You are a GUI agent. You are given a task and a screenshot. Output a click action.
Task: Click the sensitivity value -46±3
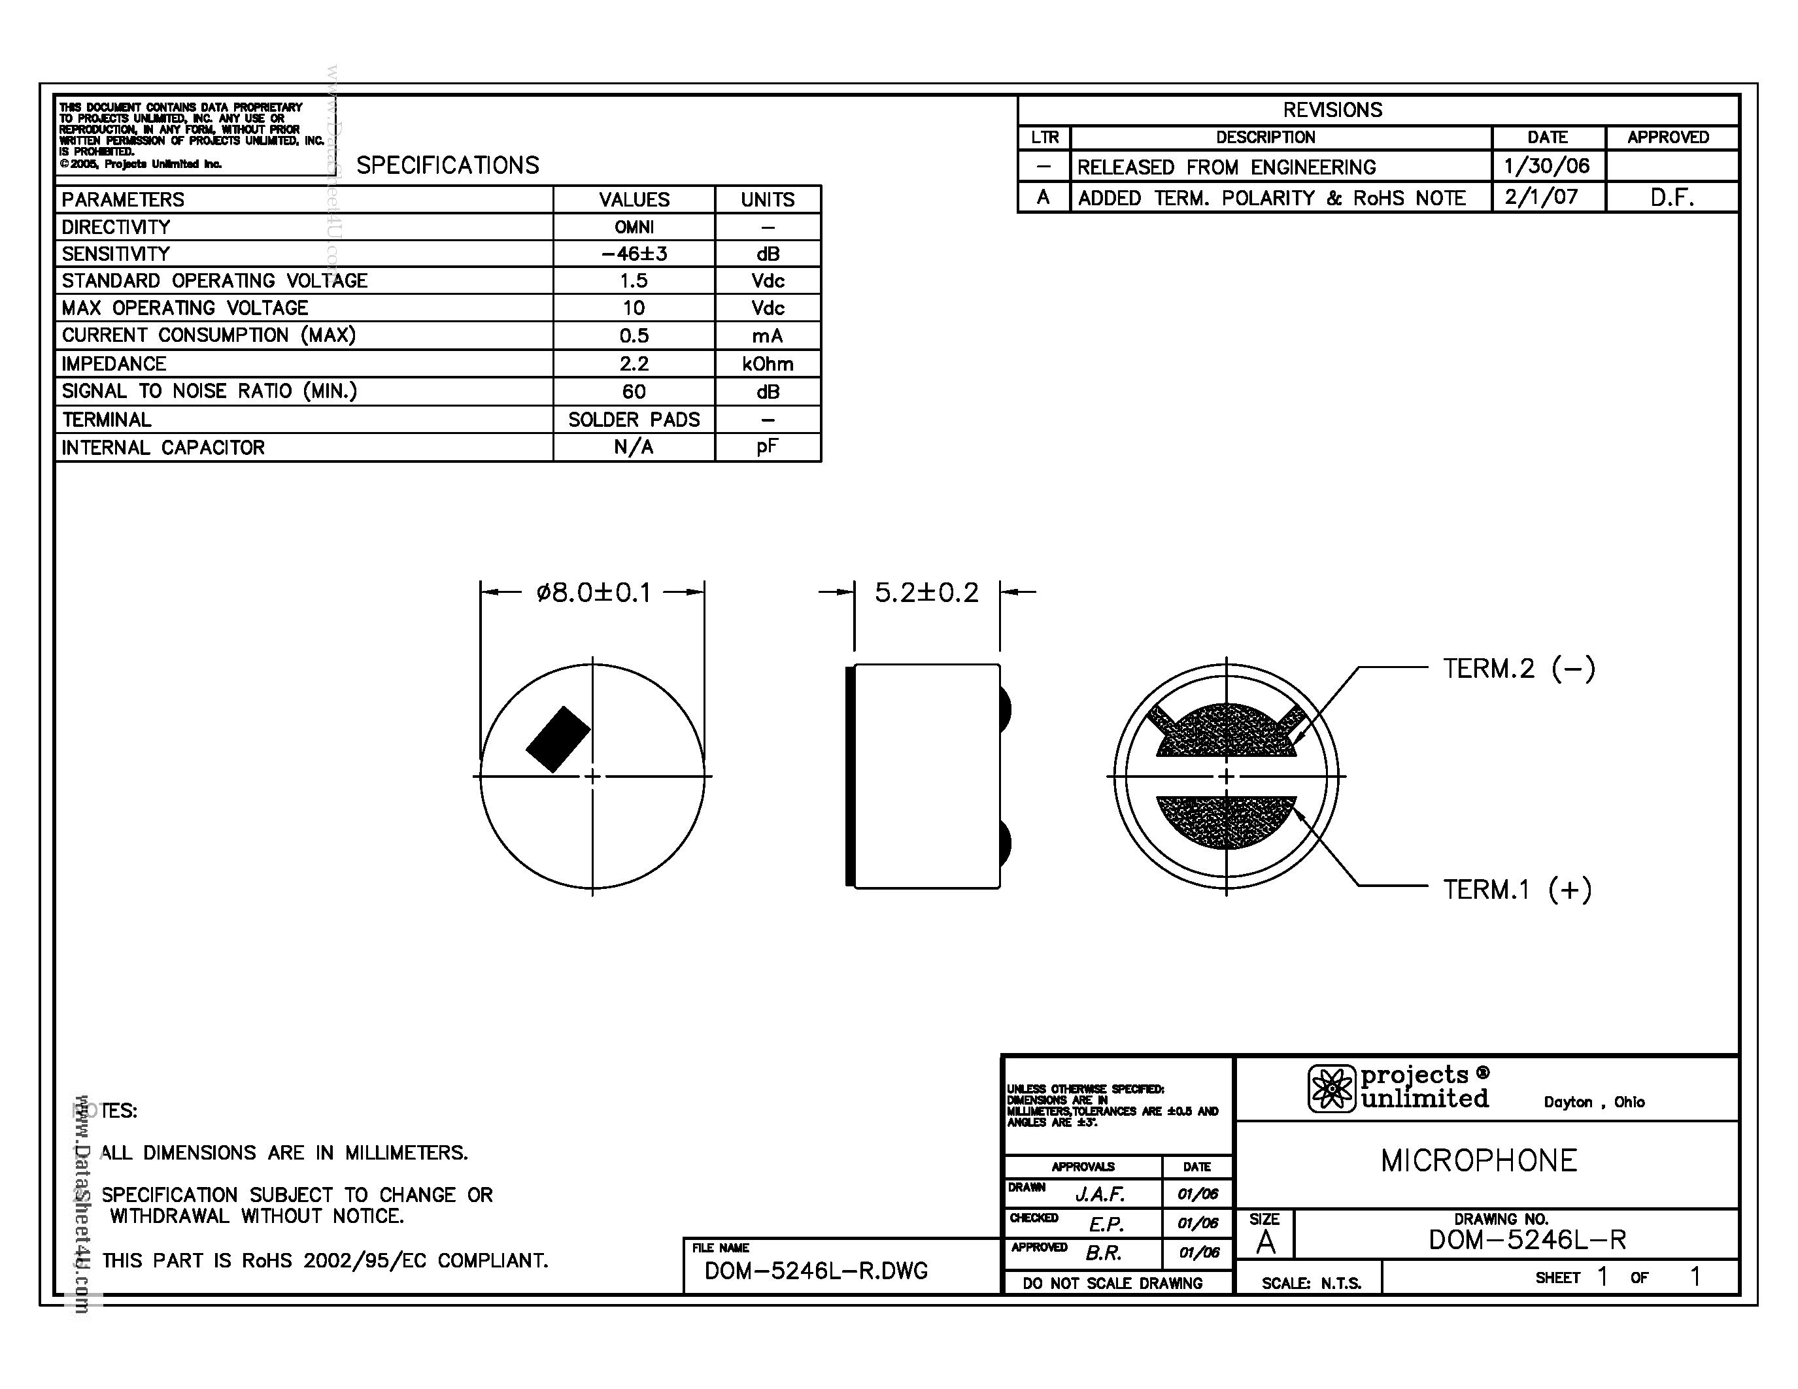coord(634,254)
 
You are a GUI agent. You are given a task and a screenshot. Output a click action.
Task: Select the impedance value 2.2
coord(634,363)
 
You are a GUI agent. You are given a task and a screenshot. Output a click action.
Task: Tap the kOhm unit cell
coord(768,363)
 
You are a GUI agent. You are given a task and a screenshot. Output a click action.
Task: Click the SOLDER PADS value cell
coord(634,420)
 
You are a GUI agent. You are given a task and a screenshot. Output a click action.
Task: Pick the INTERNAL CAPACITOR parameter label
coord(163,448)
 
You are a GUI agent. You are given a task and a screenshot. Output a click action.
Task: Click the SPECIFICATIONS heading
coord(448,165)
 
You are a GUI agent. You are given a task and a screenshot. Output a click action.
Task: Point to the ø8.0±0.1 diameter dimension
coord(593,592)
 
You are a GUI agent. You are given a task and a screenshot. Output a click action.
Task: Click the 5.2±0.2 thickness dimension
coord(926,592)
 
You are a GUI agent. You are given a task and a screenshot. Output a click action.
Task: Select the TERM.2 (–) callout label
coord(1519,668)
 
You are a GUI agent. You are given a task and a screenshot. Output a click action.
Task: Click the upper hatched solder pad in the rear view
coord(1226,731)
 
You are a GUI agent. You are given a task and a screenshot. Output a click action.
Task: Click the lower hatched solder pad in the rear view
coord(1226,820)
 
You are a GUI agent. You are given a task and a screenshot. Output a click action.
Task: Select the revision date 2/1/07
coord(1541,197)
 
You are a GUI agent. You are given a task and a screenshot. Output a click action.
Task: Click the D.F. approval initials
coord(1671,198)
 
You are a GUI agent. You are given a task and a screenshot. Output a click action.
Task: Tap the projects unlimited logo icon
coord(1331,1089)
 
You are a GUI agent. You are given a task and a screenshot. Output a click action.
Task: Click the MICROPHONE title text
coord(1478,1161)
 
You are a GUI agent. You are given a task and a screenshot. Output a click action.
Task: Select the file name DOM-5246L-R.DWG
coord(816,1271)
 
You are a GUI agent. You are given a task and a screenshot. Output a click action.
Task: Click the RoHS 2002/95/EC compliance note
coord(324,1261)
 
